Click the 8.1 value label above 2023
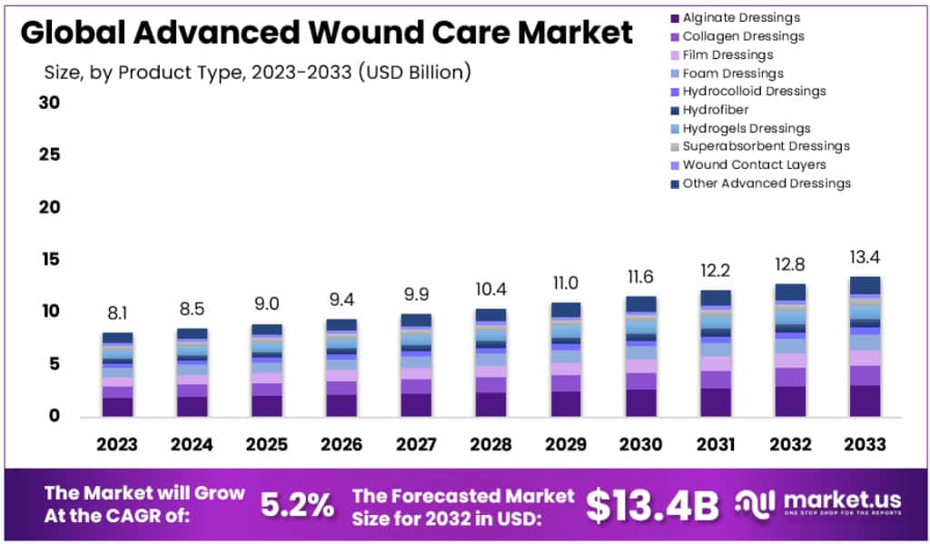117,313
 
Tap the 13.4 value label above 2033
864,258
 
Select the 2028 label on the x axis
490,444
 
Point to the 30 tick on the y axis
49,103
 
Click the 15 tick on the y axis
49,260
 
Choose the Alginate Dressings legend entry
741,17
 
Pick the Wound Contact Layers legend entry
754,164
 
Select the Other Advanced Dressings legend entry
767,183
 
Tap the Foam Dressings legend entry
732,73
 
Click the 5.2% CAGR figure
297,505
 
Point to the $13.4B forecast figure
651,505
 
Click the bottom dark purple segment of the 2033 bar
864,401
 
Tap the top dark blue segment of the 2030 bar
640,303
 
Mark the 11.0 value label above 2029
565,282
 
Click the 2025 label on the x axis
267,444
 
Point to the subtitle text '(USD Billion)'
415,72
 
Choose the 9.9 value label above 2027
416,294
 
